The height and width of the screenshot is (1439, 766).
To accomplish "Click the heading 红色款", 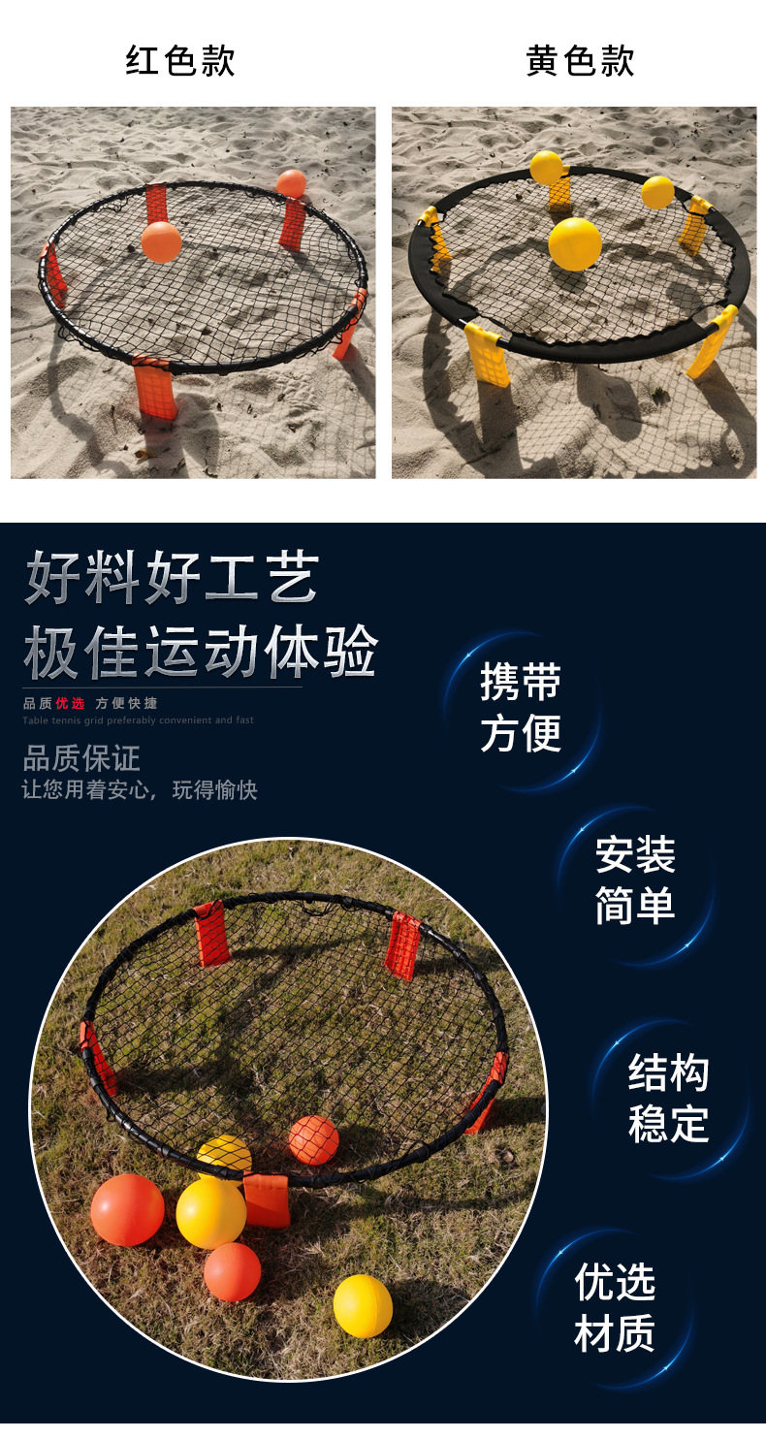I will [x=180, y=61].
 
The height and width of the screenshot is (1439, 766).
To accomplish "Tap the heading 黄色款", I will [x=580, y=61].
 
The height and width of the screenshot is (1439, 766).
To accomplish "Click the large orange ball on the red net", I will [x=161, y=241].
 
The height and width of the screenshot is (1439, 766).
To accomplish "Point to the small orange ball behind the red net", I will [x=291, y=183].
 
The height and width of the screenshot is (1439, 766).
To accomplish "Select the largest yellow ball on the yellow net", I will [x=575, y=243].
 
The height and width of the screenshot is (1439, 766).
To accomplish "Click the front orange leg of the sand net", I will [x=155, y=390].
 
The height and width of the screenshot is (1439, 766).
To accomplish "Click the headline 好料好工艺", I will [x=172, y=578].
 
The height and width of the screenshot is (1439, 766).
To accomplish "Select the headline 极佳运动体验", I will [x=200, y=653].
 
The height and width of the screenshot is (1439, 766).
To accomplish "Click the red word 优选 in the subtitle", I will [x=71, y=703].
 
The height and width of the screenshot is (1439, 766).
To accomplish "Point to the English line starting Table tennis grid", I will [x=138, y=720].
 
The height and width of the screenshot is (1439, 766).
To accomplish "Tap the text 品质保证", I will [x=81, y=758].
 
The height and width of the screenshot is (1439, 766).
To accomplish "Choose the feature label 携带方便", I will [x=521, y=709].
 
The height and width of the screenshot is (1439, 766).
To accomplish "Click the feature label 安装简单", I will [x=635, y=880].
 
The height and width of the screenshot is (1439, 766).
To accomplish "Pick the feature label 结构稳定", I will [x=668, y=1099].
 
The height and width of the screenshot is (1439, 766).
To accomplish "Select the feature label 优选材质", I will [x=615, y=1307].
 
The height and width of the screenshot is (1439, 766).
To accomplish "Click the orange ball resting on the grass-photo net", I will [x=313, y=1140].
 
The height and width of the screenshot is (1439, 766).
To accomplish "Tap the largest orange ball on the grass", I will [x=127, y=1209].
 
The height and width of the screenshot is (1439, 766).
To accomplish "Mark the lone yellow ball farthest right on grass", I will [x=363, y=1305].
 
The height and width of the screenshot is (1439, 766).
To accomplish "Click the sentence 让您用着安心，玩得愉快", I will [x=140, y=790].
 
